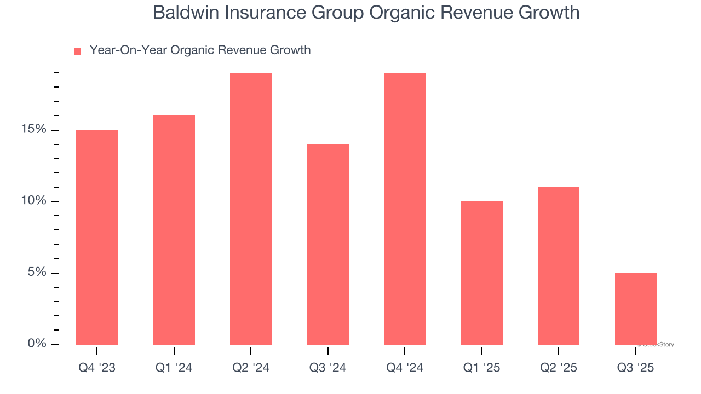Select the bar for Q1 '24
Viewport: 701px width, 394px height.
[174, 230]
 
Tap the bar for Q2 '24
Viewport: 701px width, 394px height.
[251, 208]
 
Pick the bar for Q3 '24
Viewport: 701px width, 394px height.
[328, 244]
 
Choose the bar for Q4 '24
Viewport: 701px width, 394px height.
[405, 208]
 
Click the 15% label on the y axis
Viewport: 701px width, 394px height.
[34, 130]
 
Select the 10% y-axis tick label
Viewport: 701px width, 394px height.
[34, 201]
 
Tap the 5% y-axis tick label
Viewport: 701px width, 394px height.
[37, 273]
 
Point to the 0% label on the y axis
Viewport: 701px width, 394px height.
[37, 344]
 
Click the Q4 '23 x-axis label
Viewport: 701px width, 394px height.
[97, 368]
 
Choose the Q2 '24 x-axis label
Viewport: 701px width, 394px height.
[251, 368]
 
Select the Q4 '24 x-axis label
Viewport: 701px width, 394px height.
[405, 368]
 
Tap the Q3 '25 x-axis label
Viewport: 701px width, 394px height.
[635, 368]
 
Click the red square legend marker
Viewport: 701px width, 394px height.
[77, 51]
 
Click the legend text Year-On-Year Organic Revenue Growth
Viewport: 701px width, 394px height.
[200, 50]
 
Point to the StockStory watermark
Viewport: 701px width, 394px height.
[656, 345]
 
